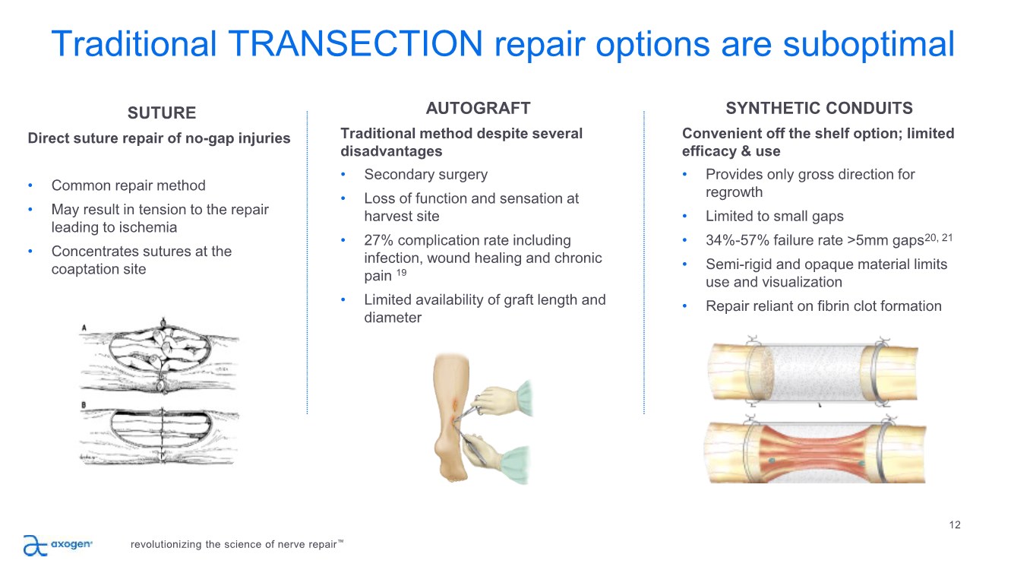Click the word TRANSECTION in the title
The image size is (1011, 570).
coord(355,44)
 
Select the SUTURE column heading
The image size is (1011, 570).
coord(162,113)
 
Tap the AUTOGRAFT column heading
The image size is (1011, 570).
coord(478,109)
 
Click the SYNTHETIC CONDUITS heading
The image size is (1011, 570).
coord(819,109)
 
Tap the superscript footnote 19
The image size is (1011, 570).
coord(401,272)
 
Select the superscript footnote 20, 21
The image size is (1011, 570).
coord(938,238)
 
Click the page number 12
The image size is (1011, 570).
coord(955,525)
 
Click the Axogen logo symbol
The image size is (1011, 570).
coord(35,545)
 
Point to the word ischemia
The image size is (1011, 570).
coord(147,227)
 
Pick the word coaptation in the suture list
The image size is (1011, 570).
coord(85,269)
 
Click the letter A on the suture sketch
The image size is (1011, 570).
coord(84,328)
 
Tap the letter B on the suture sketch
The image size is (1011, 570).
coord(84,405)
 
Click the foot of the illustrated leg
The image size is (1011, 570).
coord(452,465)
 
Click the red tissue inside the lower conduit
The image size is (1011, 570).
coord(816,452)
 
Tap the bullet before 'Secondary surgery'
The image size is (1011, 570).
coord(343,174)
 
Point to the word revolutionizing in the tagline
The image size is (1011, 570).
coord(166,545)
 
